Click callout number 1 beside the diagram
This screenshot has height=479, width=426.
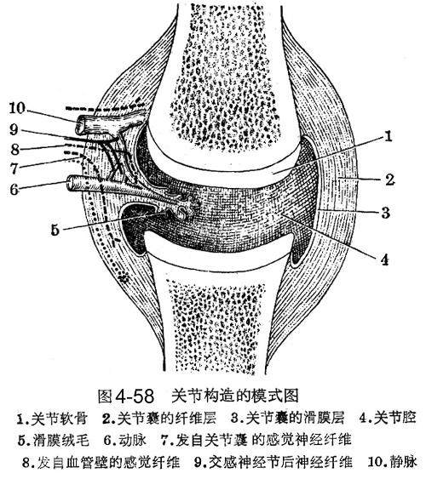click(388, 136)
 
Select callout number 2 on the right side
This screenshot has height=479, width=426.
click(389, 180)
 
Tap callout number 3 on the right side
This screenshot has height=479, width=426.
click(386, 213)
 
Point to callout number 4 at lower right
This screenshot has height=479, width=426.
click(385, 259)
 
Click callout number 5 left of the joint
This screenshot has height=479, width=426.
click(55, 230)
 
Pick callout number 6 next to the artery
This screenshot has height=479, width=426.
click(14, 190)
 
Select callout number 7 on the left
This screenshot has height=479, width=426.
click(14, 168)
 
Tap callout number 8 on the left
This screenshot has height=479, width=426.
click(14, 150)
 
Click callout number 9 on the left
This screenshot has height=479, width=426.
click(14, 130)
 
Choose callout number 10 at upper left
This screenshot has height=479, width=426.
click(16, 108)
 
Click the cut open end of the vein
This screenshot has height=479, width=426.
click(80, 125)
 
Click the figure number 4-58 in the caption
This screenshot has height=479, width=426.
click(135, 396)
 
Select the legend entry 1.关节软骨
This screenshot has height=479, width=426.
click(52, 419)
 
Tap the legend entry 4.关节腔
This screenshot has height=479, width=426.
click(388, 418)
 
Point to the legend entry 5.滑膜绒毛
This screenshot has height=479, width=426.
click(53, 440)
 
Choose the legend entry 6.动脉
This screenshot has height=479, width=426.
click(124, 440)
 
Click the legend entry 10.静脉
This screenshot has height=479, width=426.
click(393, 462)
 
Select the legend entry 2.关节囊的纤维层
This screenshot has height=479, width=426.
click(159, 419)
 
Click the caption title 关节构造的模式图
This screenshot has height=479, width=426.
click(235, 396)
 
